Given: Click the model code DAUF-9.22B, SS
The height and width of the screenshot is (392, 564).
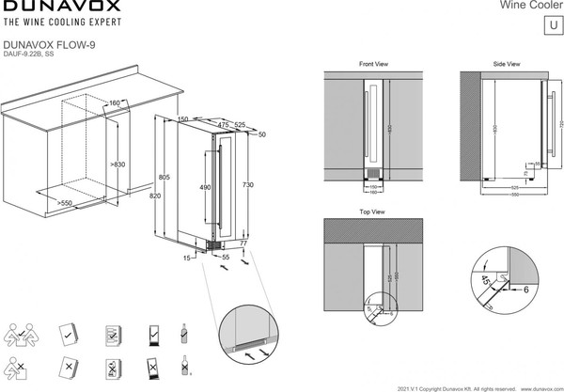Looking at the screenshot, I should coord(37,55).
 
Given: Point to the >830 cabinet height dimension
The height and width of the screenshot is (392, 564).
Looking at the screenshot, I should coord(117,165).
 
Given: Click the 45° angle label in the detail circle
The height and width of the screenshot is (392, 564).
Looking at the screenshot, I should coord(482,280).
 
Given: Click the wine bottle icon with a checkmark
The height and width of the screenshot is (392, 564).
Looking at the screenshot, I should coord(183,333).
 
